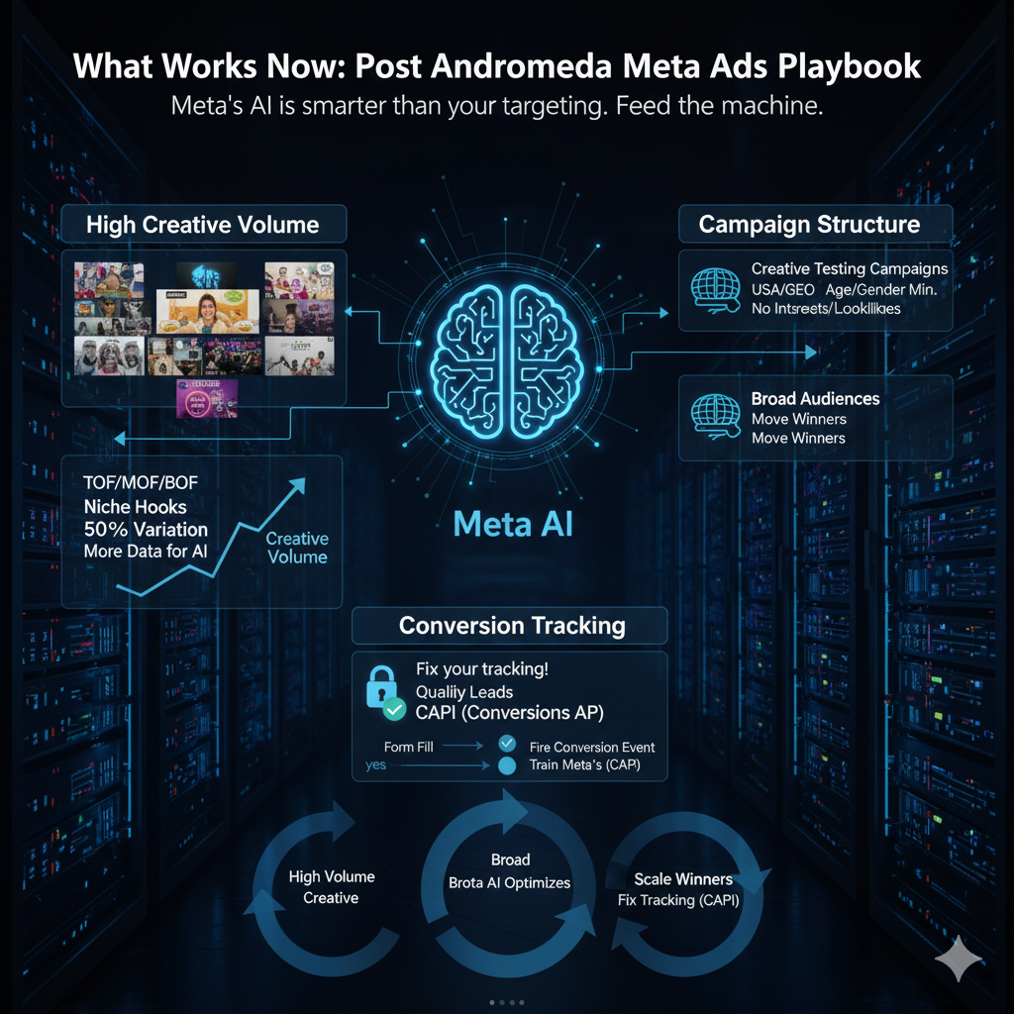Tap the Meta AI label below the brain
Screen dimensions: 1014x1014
point(512,524)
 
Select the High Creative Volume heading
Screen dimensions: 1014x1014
point(202,225)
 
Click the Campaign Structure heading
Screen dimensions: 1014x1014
point(809,225)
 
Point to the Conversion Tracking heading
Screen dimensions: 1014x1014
point(511,626)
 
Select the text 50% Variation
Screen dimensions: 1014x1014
point(146,529)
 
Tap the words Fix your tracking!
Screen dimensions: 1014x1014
point(481,669)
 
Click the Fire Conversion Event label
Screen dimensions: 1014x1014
point(591,748)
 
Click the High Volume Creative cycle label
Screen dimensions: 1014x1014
point(331,887)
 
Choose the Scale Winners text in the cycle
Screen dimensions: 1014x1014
point(683,879)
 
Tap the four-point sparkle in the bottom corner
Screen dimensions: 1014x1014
point(959,960)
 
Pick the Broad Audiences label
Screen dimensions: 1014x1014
point(815,399)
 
